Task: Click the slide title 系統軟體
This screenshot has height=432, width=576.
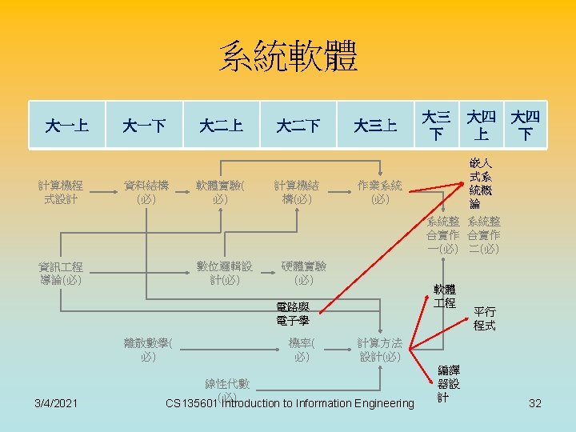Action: [x=288, y=57]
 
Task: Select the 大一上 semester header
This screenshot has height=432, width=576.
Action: [x=67, y=126]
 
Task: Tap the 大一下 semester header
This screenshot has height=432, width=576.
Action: [x=144, y=126]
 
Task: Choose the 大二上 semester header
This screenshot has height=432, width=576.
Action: [x=221, y=126]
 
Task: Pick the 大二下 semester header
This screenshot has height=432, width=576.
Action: [x=298, y=126]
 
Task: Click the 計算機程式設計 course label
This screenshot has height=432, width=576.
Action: [x=67, y=192]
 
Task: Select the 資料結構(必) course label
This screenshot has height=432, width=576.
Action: [x=146, y=192]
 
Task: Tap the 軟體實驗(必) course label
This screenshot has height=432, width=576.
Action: [x=222, y=192]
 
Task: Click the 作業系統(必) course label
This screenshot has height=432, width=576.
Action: [x=380, y=192]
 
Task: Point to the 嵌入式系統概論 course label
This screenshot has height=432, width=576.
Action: [x=481, y=185]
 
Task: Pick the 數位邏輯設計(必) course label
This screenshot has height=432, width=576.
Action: [x=224, y=273]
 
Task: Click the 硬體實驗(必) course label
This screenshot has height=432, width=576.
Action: [x=303, y=273]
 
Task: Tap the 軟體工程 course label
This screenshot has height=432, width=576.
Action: [x=445, y=296]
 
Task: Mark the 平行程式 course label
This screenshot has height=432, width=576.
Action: [x=484, y=318]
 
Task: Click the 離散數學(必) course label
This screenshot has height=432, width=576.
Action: [x=146, y=350]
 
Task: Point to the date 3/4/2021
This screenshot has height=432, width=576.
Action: [x=57, y=403]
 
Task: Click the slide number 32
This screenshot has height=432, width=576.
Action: [x=535, y=403]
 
